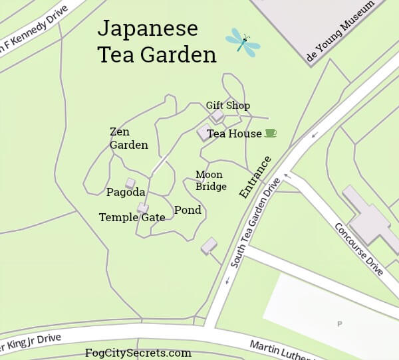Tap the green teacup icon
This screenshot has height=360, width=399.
coord(270,133)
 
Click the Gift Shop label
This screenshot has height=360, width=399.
coord(227,106)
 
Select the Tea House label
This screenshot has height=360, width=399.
coord(234,134)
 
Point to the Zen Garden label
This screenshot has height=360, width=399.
coord(128,138)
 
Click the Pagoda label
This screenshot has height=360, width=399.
coord(126,193)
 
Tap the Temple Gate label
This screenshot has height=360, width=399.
coord(132,217)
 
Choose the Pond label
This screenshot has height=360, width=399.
coord(188,211)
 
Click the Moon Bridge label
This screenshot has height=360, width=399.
coord(211,181)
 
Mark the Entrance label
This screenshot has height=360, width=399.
coord(255,177)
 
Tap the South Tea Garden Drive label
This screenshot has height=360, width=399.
coord(253,223)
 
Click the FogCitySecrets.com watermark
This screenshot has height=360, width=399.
coord(138,353)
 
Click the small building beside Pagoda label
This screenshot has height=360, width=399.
coord(130,183)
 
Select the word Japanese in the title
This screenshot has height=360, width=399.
coord(148,29)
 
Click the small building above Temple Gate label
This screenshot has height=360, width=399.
coord(142,208)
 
